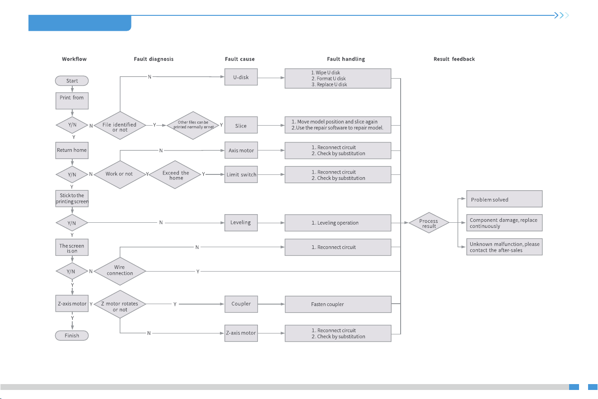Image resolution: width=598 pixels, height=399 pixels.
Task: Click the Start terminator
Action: (72, 80)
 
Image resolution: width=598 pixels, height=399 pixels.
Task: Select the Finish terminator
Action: (72, 335)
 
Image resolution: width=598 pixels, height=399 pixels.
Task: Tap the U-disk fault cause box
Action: (241, 77)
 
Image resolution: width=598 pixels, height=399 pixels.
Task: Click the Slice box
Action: (241, 125)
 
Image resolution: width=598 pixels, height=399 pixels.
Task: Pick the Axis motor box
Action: (241, 150)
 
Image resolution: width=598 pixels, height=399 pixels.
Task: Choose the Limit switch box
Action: (241, 174)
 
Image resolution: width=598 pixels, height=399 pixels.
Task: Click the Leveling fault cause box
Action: (241, 222)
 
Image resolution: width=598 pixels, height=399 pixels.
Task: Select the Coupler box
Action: (241, 304)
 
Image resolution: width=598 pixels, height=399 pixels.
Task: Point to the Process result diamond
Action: (429, 223)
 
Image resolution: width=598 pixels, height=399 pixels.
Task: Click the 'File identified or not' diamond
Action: (120, 125)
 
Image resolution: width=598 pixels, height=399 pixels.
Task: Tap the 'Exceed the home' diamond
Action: (175, 175)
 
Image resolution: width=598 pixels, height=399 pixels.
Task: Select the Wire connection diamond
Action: (120, 271)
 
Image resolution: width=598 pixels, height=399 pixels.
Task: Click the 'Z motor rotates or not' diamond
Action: (120, 304)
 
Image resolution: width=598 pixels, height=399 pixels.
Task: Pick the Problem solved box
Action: (505, 199)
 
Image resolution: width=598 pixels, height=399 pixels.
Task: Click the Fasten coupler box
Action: (338, 304)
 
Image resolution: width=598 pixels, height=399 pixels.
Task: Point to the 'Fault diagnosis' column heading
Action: (154, 59)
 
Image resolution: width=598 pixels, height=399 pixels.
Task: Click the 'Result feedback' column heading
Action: (454, 59)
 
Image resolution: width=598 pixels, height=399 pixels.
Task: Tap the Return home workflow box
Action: (72, 150)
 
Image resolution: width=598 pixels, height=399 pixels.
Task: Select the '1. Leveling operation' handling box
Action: (338, 223)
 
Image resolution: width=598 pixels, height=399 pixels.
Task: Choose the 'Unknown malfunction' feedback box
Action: (505, 247)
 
